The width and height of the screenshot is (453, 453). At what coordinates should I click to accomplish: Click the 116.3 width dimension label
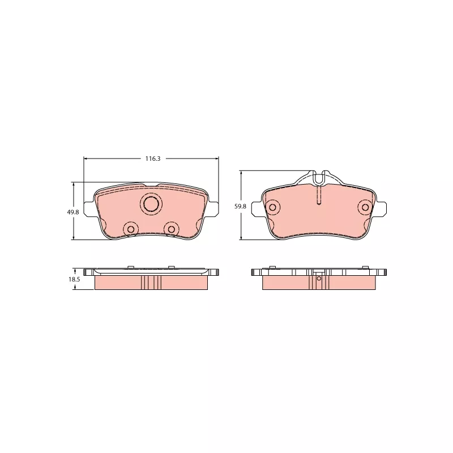tap(152, 159)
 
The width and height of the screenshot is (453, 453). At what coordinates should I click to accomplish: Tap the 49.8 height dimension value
tap(73, 212)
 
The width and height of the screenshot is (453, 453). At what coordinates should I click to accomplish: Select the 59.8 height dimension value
tap(240, 206)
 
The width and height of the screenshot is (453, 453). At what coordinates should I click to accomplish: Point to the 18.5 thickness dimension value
tap(74, 279)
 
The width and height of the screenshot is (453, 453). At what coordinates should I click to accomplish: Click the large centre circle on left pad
tap(151, 204)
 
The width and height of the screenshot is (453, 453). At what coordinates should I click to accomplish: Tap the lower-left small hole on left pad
tap(131, 229)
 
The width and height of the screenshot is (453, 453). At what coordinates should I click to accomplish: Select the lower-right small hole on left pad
tap(172, 229)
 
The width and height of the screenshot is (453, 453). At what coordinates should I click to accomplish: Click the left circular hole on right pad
tap(272, 207)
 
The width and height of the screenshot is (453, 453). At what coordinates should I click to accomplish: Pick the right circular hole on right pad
tap(365, 207)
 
